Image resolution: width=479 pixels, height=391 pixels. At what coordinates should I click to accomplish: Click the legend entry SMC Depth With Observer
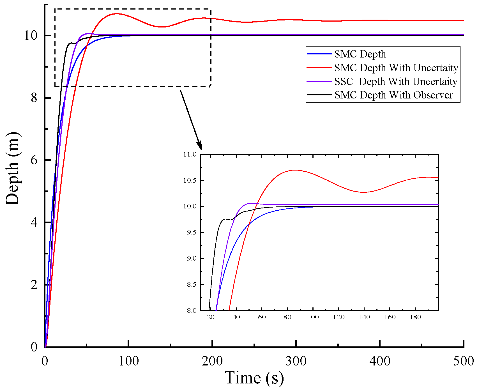point(393,95)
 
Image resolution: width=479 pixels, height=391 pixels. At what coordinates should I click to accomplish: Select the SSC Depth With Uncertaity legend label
point(395,81)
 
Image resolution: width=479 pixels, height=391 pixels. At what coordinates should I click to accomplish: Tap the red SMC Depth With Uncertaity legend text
point(396,68)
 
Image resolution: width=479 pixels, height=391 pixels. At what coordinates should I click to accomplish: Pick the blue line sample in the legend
point(319,54)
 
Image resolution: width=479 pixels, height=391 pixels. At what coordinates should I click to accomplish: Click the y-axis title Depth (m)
point(13,168)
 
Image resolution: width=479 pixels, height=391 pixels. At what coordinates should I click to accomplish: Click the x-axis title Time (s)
point(254,378)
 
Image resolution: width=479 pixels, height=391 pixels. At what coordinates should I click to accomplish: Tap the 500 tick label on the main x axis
point(463,361)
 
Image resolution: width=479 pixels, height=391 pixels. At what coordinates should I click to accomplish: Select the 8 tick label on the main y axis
point(34,98)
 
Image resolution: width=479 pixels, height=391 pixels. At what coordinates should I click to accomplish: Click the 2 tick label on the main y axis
point(34,285)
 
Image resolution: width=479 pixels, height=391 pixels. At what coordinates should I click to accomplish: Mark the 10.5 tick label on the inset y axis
point(190,180)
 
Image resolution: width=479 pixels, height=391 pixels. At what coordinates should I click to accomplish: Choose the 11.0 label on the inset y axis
point(190,154)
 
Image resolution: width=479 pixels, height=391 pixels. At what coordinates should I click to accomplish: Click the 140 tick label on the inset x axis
point(364,317)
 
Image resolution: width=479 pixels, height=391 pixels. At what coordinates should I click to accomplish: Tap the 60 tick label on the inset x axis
point(262,317)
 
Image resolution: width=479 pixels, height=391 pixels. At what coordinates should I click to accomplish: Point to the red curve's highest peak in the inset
point(295,170)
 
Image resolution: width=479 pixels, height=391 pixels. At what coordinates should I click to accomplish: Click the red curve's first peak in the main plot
point(116,13)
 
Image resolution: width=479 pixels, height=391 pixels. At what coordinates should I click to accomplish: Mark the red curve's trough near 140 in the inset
point(363,192)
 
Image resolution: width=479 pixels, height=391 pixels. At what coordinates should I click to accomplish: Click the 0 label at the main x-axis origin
point(45,361)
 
